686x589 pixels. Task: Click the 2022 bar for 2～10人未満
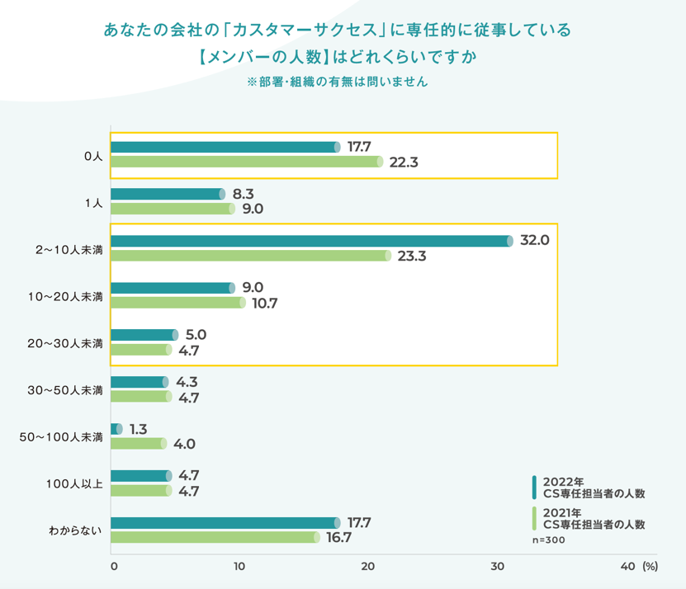point(310,241)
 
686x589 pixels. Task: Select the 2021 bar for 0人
point(246,162)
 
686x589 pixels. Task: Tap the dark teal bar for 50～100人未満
point(116,429)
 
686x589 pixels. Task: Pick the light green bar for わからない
point(214,538)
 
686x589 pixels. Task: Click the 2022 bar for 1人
point(167,194)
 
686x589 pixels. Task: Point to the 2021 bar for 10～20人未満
point(177,303)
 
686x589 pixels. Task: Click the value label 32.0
point(534,240)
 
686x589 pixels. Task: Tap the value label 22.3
point(404,163)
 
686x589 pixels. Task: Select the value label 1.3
point(139,429)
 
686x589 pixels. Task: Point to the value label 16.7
point(339,538)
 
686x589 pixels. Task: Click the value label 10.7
point(263,303)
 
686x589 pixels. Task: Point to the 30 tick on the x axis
point(497,567)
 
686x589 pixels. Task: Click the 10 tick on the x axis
point(239,567)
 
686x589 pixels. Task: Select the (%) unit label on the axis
point(649,567)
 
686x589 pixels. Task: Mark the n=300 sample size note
point(547,540)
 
